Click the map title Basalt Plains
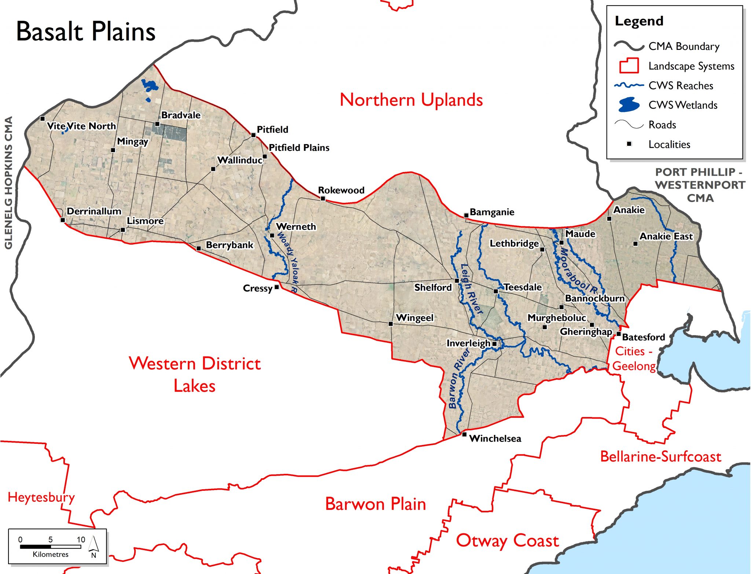(x=86, y=32)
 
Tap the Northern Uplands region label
(x=411, y=100)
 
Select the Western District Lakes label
(x=195, y=374)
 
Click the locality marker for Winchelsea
(x=464, y=434)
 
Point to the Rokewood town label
(x=341, y=190)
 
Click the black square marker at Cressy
(x=277, y=287)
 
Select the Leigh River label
(x=471, y=289)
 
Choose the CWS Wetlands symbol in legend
(x=629, y=105)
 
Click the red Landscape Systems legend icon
(x=629, y=66)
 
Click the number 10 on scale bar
(x=81, y=540)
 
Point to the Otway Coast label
(x=507, y=541)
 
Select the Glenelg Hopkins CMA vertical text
(x=9, y=183)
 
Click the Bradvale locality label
(x=181, y=115)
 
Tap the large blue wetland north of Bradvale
(x=150, y=85)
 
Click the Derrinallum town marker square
(x=63, y=220)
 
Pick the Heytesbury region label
(x=41, y=497)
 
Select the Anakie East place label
(x=666, y=236)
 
